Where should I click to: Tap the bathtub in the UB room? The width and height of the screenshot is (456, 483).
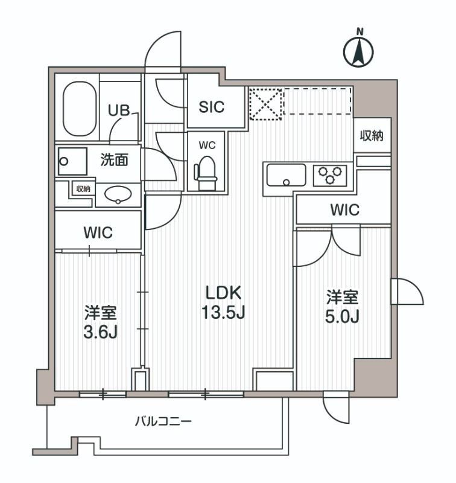[80, 109]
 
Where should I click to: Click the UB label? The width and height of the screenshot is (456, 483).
[118, 110]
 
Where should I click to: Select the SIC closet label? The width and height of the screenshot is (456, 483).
[212, 107]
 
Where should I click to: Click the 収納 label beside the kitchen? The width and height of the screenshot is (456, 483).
[372, 136]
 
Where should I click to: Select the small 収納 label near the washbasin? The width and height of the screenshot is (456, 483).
[83, 188]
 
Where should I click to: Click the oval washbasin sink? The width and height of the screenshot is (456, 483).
[118, 194]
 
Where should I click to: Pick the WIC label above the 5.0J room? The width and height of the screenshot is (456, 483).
[344, 211]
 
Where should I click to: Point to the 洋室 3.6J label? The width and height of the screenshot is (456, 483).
[100, 323]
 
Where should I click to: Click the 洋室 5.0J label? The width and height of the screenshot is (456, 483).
[343, 307]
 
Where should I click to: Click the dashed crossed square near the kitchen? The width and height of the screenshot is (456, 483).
[265, 104]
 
